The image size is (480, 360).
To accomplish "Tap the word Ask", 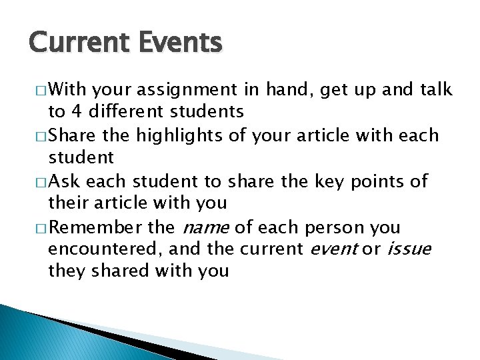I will tap(66, 181).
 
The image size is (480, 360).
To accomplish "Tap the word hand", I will tap(297, 89).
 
